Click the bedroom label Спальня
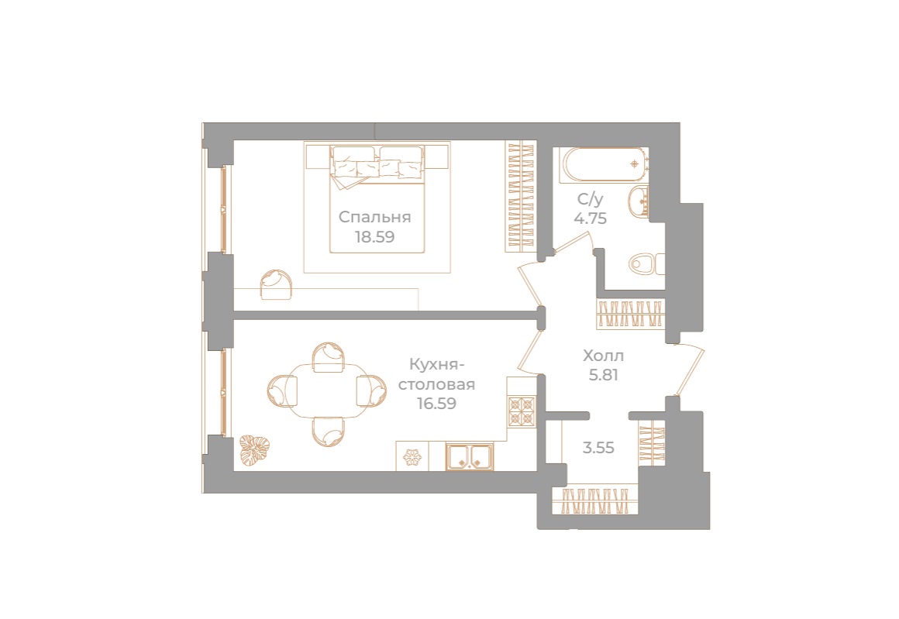point(374,217)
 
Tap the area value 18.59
point(374,237)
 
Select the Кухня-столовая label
point(436,374)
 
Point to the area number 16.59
point(436,404)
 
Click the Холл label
point(603,356)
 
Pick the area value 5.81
point(603,375)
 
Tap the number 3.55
point(598,448)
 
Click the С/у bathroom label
point(590,199)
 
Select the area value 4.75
point(590,218)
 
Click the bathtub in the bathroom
point(604,164)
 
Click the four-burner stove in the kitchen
point(521,411)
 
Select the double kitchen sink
point(470,457)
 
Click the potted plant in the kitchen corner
point(254,449)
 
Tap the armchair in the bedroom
point(277,285)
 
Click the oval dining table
point(329,391)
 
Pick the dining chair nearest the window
point(283,391)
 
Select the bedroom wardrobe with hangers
point(520,197)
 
